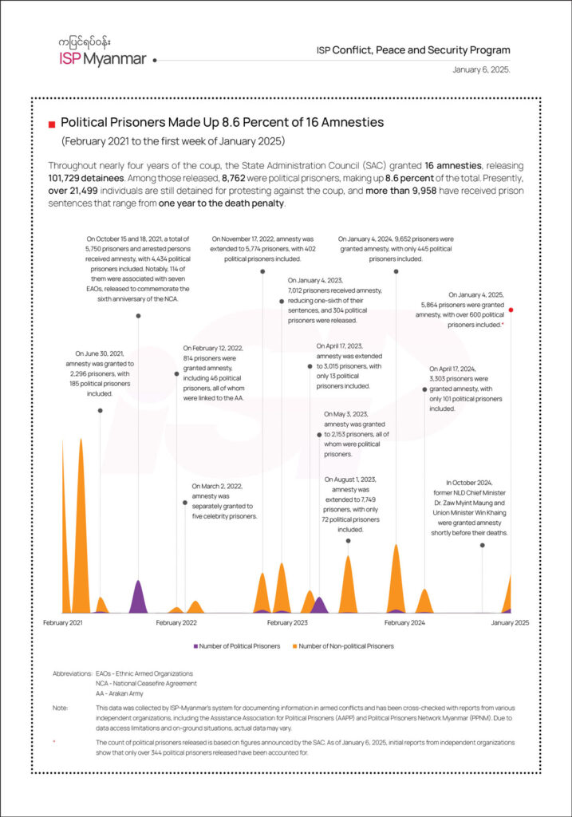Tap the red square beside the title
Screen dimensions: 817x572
[x=52, y=124]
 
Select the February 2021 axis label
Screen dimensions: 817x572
[x=62, y=622]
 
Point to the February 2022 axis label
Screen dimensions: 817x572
[x=176, y=622]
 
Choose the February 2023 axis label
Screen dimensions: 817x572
[x=287, y=622]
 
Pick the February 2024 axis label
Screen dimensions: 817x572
[x=404, y=622]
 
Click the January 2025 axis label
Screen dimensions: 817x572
[x=510, y=622]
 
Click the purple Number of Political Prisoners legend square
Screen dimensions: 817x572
[x=195, y=645]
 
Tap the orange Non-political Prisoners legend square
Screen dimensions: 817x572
[x=295, y=645]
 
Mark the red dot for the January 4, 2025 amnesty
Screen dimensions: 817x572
[x=511, y=310]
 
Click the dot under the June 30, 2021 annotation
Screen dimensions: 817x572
[x=100, y=410]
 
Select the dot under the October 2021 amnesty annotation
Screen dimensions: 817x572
[x=138, y=316]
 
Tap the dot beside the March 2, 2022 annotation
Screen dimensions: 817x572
[x=185, y=503]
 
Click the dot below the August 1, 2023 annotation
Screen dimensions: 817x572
[x=348, y=541]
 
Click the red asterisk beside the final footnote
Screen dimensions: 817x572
[x=54, y=742]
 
